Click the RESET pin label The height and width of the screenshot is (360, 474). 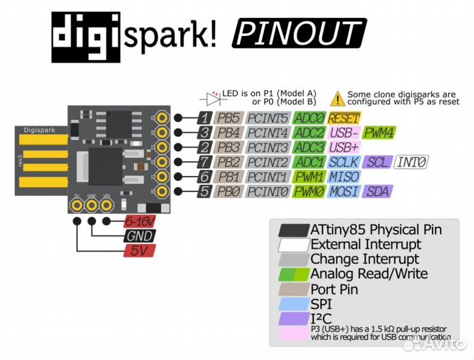coord(344,118)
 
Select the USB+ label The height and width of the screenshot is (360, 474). coord(344,147)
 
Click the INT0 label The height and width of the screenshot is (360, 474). coord(413,162)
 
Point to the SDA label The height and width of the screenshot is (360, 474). coord(378,192)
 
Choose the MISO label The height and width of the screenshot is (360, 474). coord(344,177)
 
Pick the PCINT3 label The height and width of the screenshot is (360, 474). coord(267,147)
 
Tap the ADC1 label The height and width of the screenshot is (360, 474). coord(309,162)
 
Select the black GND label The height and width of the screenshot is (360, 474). coord(139,237)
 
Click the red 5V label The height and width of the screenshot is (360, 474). coord(139,251)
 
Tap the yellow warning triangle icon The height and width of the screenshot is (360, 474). coord(338,99)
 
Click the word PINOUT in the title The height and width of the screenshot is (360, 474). coord(298,33)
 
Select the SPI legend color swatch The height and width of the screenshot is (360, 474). coord(291,304)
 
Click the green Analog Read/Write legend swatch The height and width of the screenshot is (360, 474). coord(291,274)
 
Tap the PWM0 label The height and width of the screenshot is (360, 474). coord(309,192)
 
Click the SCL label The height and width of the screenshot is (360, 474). coord(377,162)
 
